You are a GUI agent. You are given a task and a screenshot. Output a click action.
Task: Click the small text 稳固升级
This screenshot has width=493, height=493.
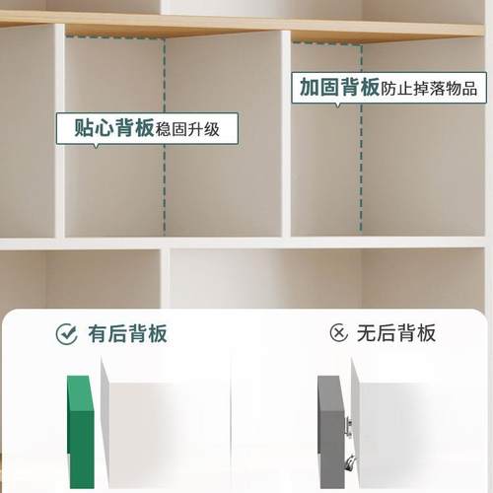click(x=196, y=128)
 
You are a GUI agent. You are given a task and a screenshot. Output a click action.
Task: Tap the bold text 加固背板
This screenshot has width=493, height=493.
click(x=339, y=87)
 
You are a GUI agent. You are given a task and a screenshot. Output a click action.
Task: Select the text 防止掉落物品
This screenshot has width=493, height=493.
click(x=429, y=88)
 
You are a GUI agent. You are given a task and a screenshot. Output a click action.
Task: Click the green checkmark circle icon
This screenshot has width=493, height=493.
click(x=67, y=333)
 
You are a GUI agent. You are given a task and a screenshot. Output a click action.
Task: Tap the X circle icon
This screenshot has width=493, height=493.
click(x=339, y=333)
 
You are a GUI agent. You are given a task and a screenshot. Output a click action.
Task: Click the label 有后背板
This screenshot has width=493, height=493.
click(x=127, y=333)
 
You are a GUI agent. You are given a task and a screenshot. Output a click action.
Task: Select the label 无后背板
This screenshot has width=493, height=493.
click(x=396, y=333)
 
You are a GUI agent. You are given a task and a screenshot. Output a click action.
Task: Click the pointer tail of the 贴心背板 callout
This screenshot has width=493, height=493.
click(x=96, y=146)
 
